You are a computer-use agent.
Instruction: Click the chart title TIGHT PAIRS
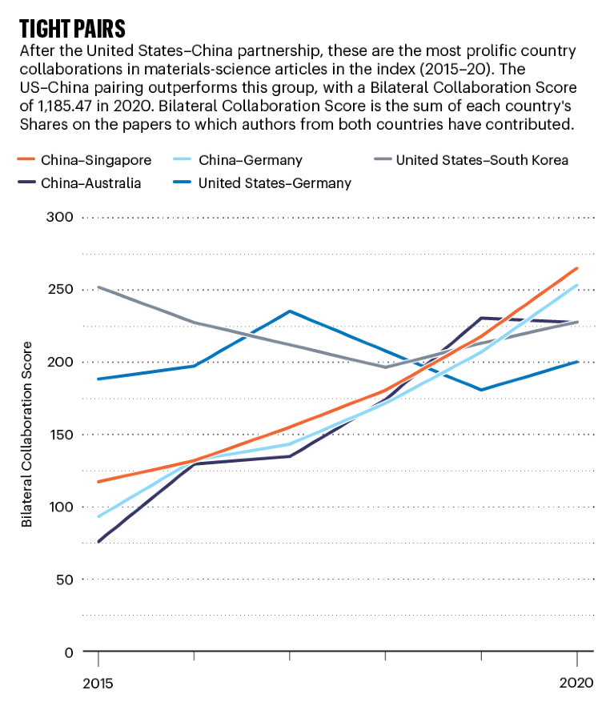click(72, 29)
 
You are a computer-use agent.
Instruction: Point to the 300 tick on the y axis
click(60, 217)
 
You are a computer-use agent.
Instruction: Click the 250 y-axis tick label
click(60, 290)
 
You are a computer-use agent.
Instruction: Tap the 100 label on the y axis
click(60, 507)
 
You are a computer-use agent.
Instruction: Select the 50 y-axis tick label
click(63, 579)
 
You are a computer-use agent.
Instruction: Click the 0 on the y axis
click(68, 652)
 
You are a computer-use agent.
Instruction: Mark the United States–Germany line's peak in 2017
click(289, 311)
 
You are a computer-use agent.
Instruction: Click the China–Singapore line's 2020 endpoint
click(576, 269)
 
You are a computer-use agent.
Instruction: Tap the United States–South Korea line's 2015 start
click(98, 287)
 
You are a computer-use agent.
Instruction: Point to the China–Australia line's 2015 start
click(98, 542)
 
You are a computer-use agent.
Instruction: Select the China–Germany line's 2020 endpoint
click(576, 285)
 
